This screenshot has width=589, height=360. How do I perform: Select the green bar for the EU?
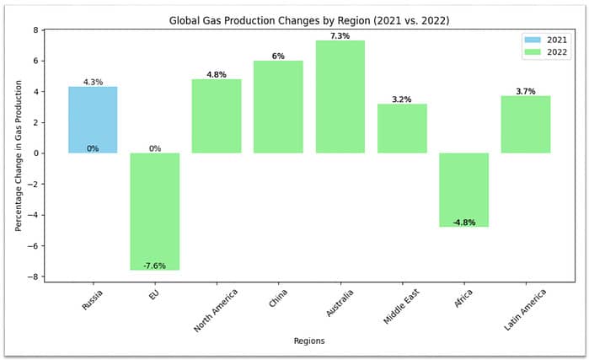point(155,211)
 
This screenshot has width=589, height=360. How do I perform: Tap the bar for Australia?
point(340,97)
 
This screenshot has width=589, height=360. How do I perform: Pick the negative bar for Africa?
point(464,190)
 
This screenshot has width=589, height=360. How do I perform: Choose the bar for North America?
point(217,116)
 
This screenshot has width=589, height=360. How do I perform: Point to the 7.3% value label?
point(340,35)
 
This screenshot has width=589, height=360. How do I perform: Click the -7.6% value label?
point(155,266)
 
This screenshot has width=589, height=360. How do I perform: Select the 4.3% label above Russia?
point(93,82)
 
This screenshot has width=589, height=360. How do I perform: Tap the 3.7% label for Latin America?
point(526,91)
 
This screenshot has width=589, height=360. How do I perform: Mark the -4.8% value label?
point(464,223)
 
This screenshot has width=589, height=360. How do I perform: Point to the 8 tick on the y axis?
point(35,30)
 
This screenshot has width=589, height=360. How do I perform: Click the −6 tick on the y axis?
point(33,245)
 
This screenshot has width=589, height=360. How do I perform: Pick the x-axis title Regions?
point(308,341)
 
